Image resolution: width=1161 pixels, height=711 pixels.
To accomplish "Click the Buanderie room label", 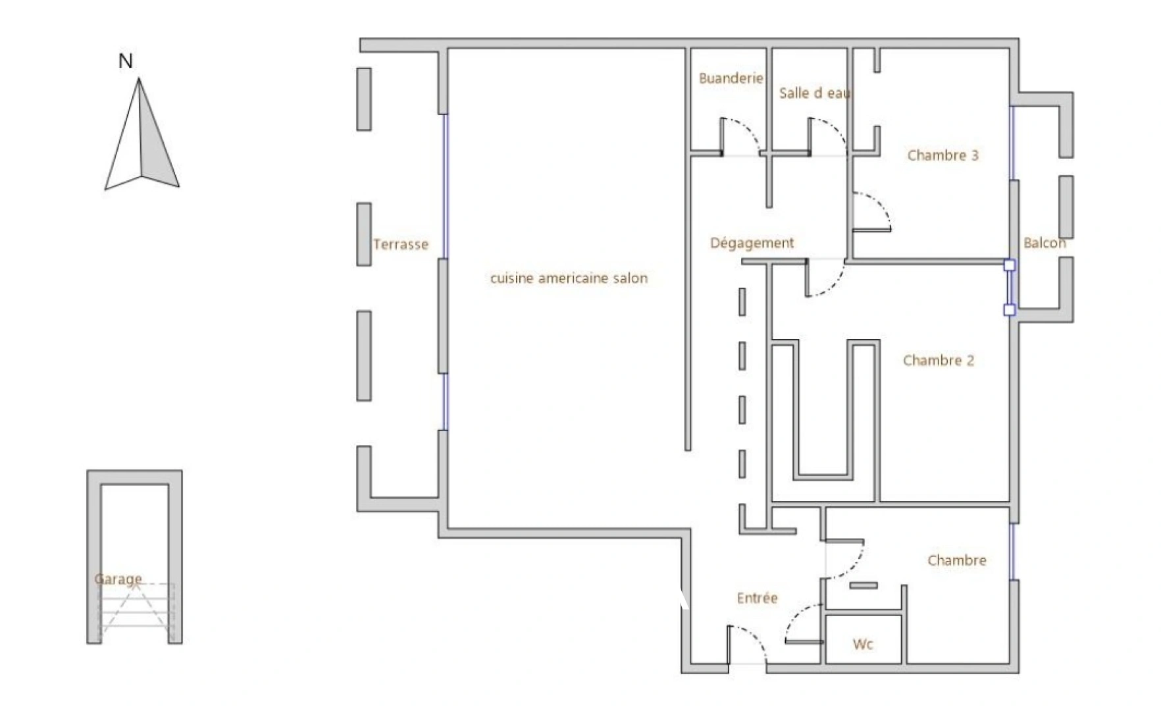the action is tap(731, 78).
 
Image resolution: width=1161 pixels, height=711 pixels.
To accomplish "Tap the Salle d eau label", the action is tap(815, 93).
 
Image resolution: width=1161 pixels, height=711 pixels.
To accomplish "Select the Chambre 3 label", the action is tap(942, 155).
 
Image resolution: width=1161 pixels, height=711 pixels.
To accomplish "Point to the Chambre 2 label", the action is tap(938, 360).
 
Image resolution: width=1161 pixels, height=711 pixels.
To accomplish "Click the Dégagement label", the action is tap(752, 243).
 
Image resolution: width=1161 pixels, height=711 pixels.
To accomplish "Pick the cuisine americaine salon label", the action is tap(569, 278).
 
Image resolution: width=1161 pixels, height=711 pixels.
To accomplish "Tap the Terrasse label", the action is tap(400, 244).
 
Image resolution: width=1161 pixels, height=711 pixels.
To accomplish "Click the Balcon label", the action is tap(1045, 243).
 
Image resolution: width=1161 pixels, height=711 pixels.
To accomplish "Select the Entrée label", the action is tap(757, 598).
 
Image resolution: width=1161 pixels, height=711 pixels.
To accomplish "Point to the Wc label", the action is tap(863, 644).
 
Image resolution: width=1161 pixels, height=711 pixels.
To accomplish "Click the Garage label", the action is tap(118, 579).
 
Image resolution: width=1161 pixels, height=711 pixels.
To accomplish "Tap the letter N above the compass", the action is tap(125, 61).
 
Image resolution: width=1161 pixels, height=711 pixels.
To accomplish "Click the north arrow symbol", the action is tap(142, 134).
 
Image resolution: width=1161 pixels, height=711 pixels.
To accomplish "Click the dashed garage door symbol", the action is tap(137, 612).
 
